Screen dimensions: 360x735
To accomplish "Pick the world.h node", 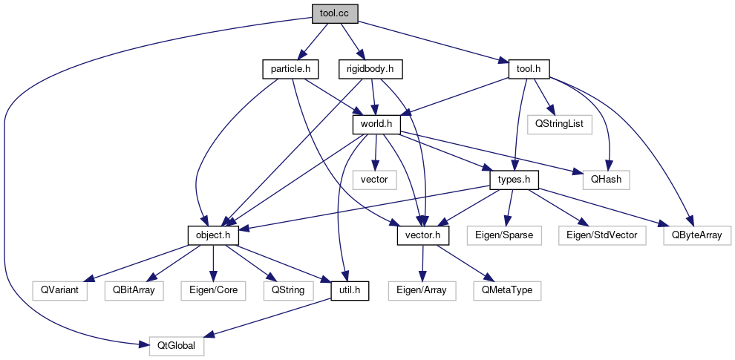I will coord(376,124).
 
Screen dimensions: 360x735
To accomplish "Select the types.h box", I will coord(513,180).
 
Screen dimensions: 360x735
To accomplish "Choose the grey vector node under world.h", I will coord(374,179).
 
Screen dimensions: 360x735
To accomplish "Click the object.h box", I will coord(213,235).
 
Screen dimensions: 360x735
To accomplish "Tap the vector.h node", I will coord(422,235).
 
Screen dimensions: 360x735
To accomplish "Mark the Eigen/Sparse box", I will coord(503,235).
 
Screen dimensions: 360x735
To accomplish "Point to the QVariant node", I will coord(59,290).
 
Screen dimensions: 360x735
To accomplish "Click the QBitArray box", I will coord(134,290).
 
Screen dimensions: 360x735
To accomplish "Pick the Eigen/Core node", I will coord(213,290).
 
